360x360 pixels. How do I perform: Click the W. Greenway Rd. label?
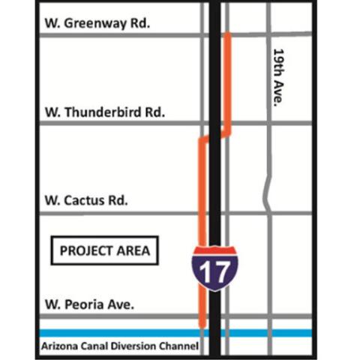(x=97, y=22)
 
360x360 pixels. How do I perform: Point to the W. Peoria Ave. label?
(x=89, y=304)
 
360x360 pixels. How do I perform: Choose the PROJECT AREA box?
(x=104, y=250)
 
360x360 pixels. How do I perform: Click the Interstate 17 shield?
(x=215, y=268)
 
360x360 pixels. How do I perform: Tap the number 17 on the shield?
(x=215, y=272)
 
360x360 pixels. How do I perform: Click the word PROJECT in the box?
(x=85, y=250)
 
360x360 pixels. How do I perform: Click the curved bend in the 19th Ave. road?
(x=266, y=193)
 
